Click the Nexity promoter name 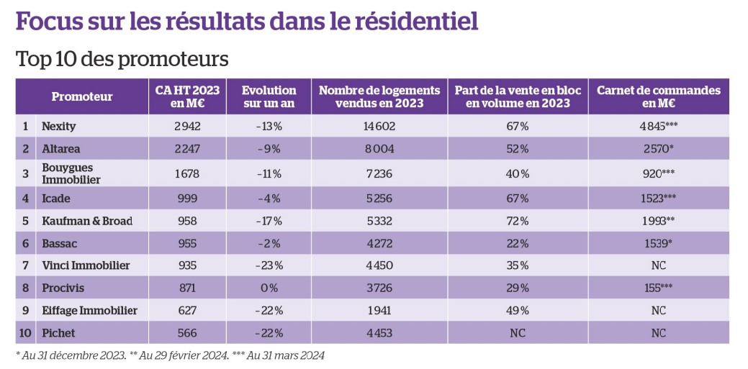59,127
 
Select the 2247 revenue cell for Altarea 187,149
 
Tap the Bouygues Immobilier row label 71,173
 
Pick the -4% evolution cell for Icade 269,199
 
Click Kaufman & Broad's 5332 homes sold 379,222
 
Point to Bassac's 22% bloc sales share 518,244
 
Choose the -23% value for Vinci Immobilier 269,265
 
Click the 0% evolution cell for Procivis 269,288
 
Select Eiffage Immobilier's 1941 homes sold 379,310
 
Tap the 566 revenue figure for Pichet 187,333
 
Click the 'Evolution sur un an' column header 269,97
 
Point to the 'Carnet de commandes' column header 658,97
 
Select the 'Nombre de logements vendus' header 379,97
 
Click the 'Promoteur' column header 82,97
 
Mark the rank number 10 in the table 25,333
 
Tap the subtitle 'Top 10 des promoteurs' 122,60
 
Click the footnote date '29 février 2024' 191,355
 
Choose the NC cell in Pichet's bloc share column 518,333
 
